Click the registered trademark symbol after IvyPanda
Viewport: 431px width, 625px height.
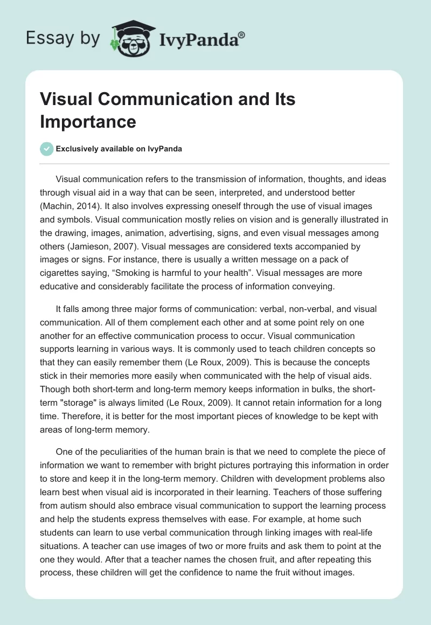pos(241,35)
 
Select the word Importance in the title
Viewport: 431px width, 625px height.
pos(88,121)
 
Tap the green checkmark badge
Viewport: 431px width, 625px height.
pos(47,149)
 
